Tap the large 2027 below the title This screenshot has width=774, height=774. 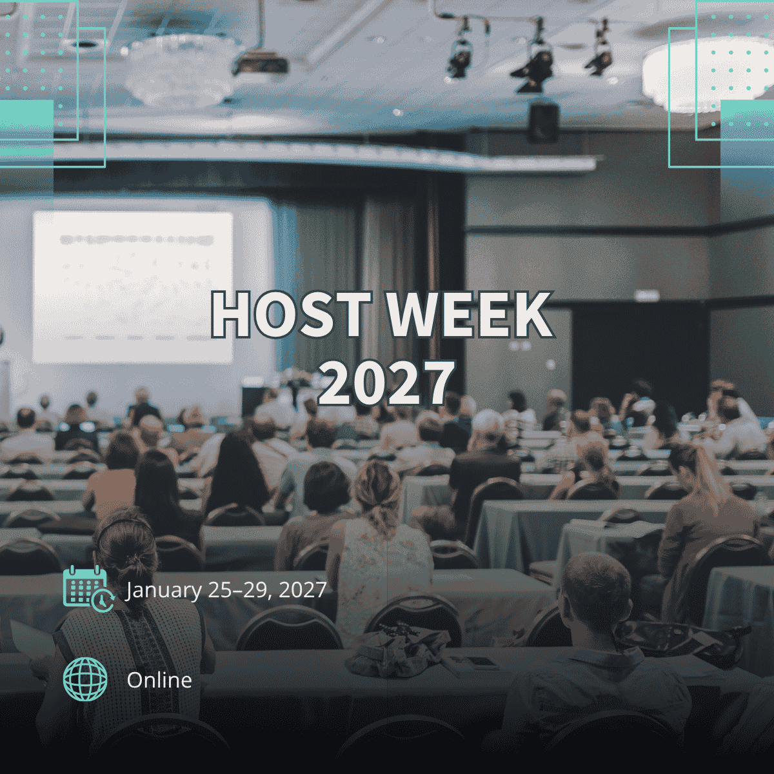pos(386,382)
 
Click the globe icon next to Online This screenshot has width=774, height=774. pos(85,679)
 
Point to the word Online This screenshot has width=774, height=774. pos(159,680)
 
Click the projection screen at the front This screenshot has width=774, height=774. pos(133,287)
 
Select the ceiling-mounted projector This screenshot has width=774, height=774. pos(261,63)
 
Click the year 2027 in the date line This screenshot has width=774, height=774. pos(302,590)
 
